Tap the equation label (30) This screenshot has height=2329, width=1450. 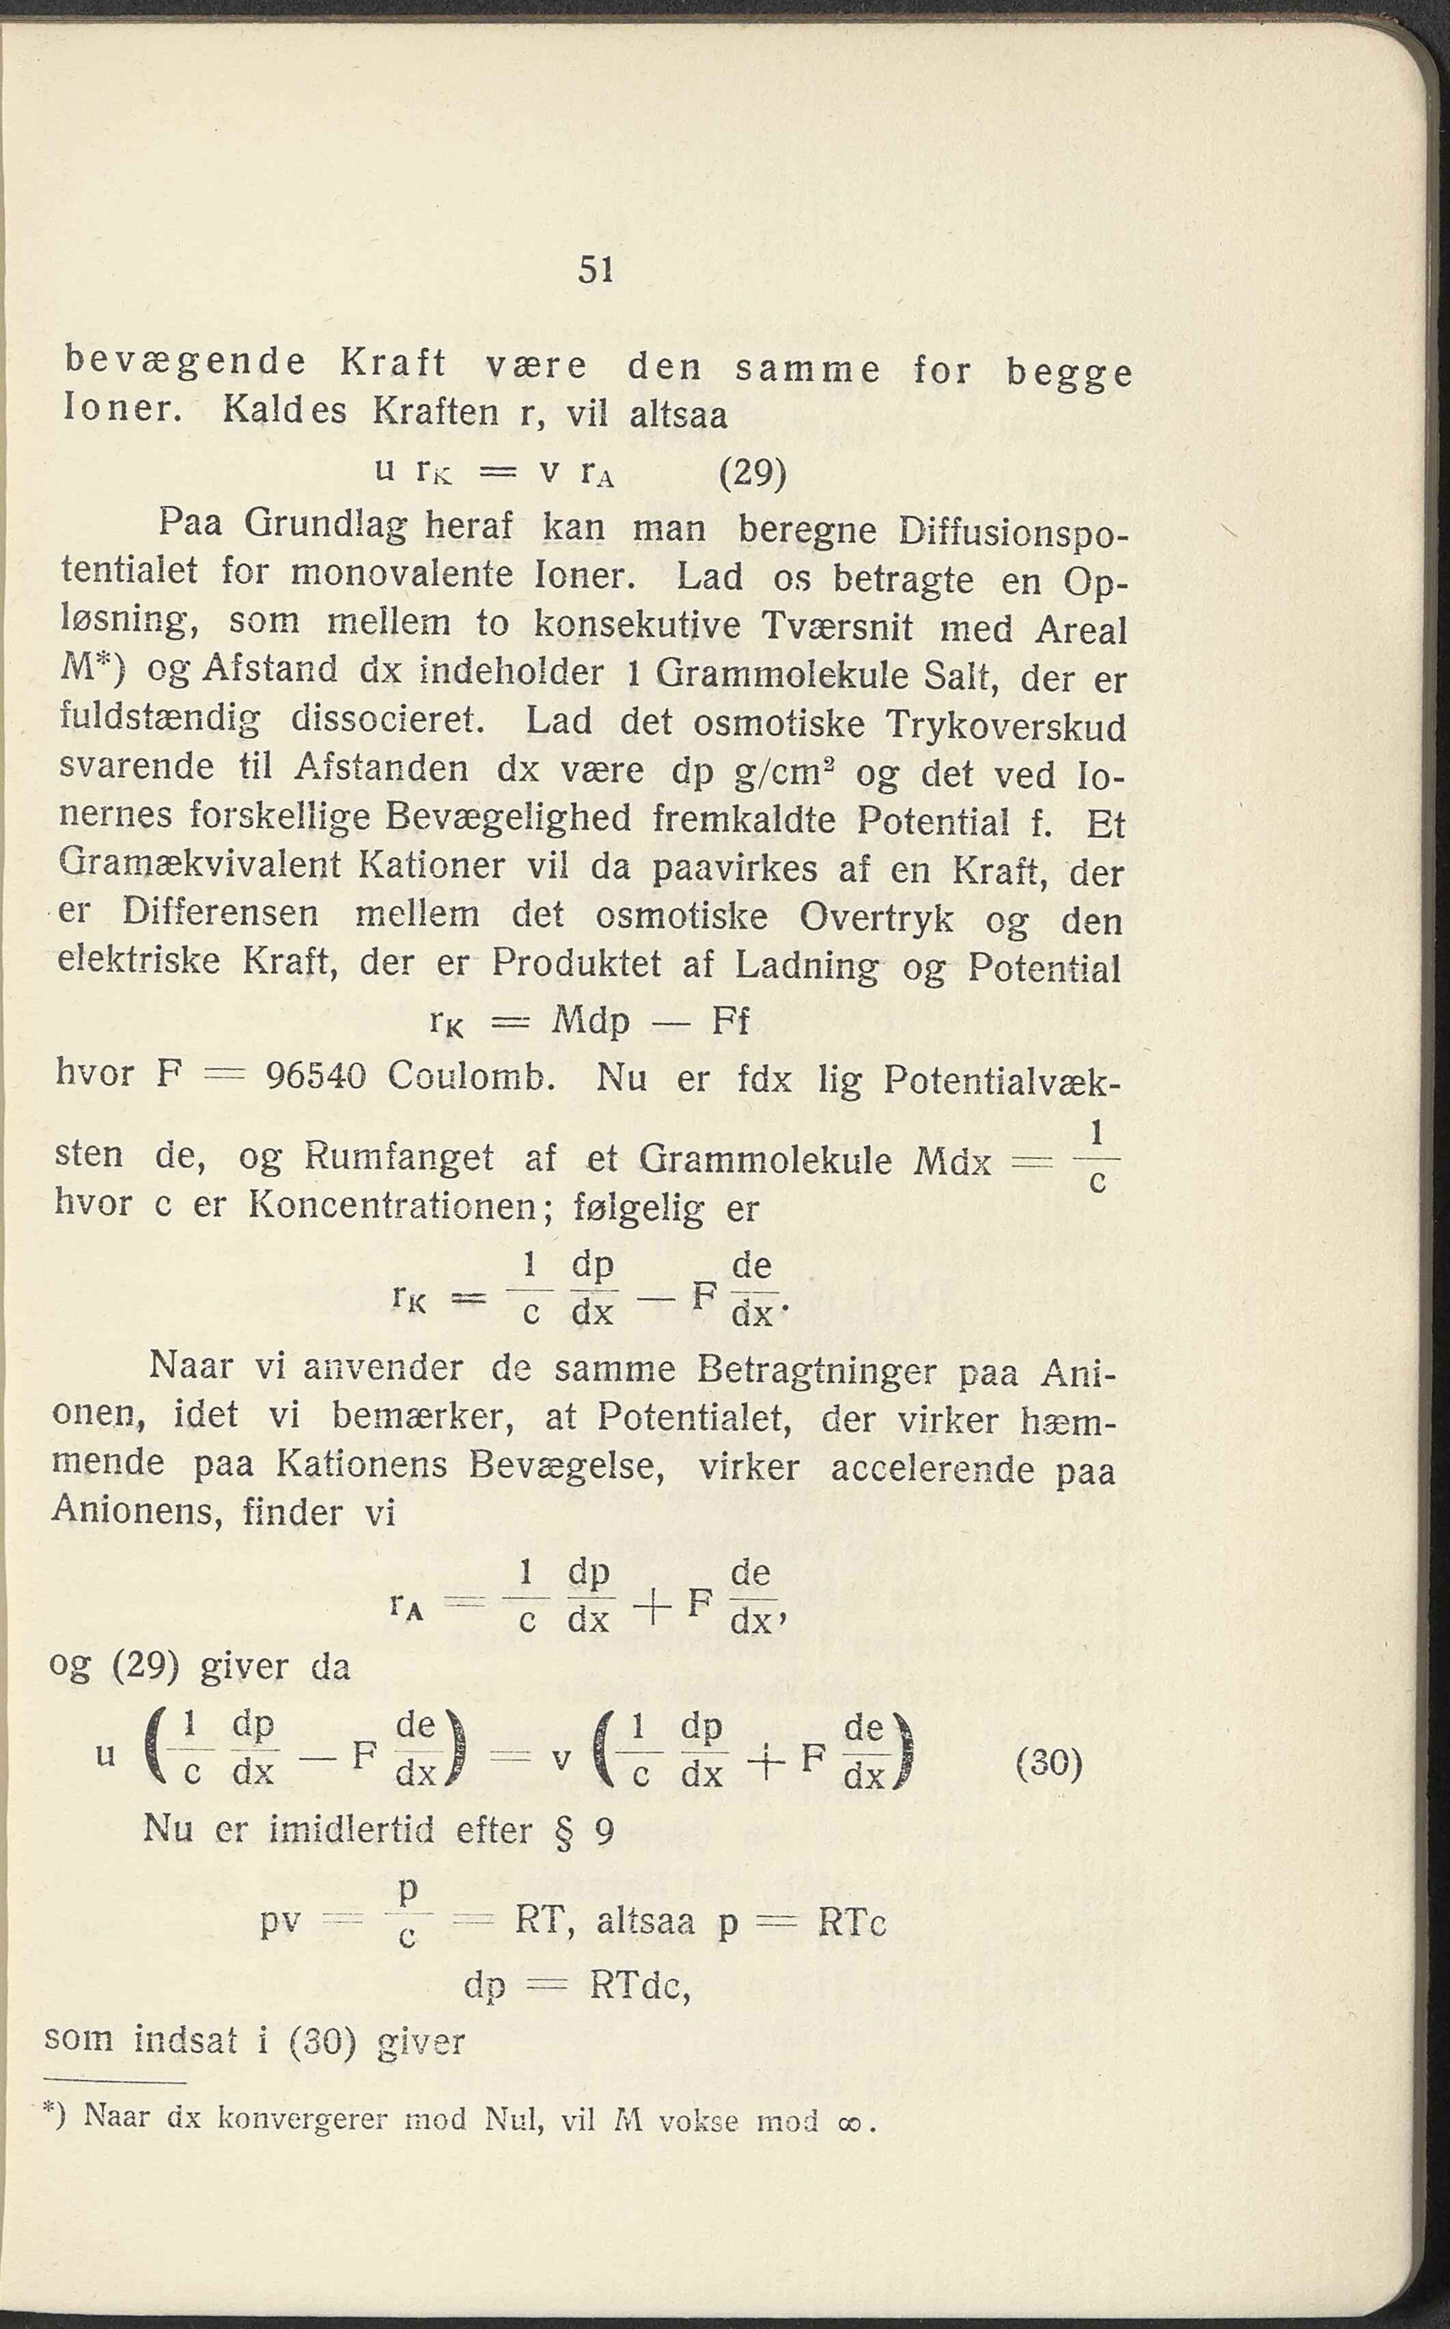click(1048, 1763)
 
